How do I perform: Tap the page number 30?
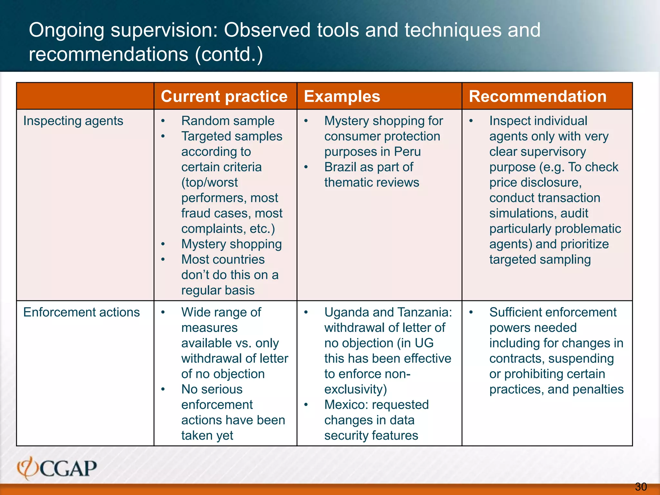pos(641,487)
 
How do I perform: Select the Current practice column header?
pos(224,96)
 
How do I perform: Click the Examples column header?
pos(342,96)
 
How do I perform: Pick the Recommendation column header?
pos(538,96)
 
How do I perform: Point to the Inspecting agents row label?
pos(73,121)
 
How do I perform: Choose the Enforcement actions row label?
pos(82,312)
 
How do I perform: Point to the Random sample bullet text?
pos(228,121)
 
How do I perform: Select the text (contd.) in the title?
pos(229,54)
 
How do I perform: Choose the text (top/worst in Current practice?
pos(209,183)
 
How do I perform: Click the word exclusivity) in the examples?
pos(355,389)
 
